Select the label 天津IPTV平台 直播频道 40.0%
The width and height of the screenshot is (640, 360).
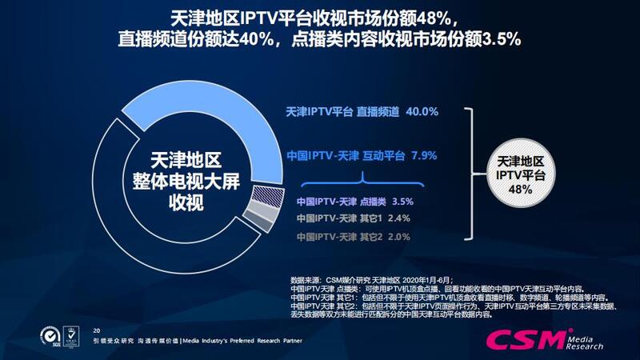(x=362, y=112)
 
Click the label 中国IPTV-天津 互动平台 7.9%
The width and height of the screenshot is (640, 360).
(x=362, y=154)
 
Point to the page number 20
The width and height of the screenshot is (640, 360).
(x=98, y=330)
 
